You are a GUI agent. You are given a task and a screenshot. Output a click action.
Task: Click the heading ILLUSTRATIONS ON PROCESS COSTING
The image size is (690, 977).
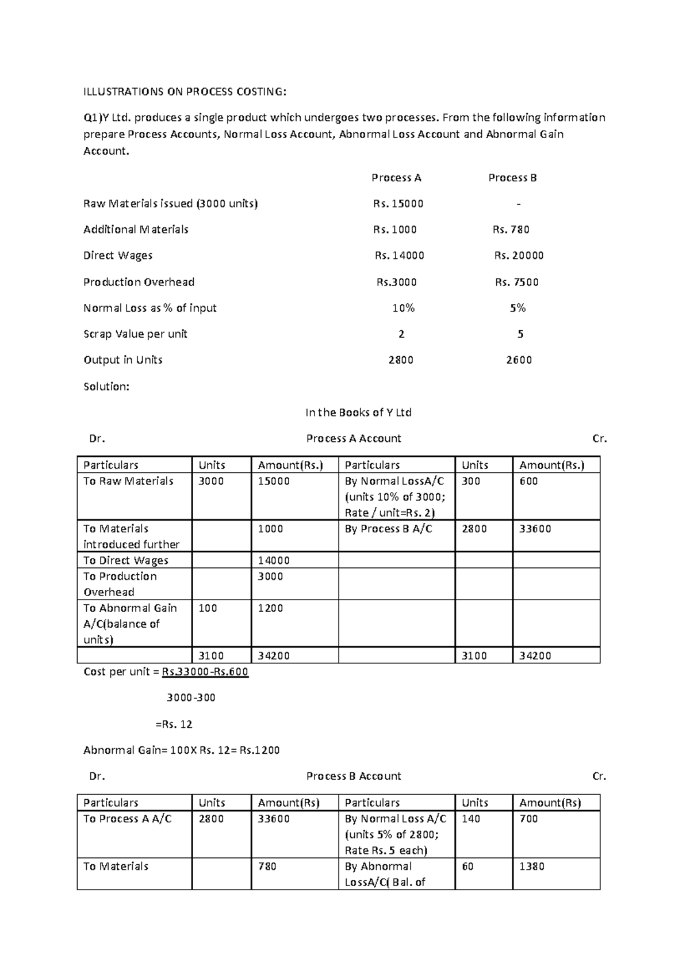(184, 91)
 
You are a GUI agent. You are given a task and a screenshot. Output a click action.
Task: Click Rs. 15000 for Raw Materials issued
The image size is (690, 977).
(398, 204)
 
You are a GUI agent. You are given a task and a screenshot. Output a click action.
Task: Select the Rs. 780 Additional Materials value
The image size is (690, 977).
(511, 230)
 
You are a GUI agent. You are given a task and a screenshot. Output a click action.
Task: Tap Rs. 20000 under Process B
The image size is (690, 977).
(519, 255)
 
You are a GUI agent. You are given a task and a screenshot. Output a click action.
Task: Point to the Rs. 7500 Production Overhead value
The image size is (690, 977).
(517, 282)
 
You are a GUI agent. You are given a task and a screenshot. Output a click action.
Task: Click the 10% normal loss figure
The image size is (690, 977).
(403, 308)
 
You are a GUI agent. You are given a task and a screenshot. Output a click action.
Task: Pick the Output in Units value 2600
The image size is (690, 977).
(519, 360)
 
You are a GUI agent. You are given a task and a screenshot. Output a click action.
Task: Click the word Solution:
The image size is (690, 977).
(106, 387)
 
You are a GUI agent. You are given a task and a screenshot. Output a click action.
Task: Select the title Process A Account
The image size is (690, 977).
(354, 438)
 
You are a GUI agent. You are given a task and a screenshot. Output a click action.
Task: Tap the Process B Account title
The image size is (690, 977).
(354, 776)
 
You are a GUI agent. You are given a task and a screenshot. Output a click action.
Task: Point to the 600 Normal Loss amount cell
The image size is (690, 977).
(528, 481)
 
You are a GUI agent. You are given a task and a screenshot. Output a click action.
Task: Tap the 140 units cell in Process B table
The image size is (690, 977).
(470, 819)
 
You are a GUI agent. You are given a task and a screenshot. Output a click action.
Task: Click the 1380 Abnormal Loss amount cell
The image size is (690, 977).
(531, 867)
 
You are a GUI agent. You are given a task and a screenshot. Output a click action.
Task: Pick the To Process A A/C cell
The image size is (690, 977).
(127, 819)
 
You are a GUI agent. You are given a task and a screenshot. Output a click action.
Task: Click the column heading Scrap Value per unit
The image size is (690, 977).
(135, 334)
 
